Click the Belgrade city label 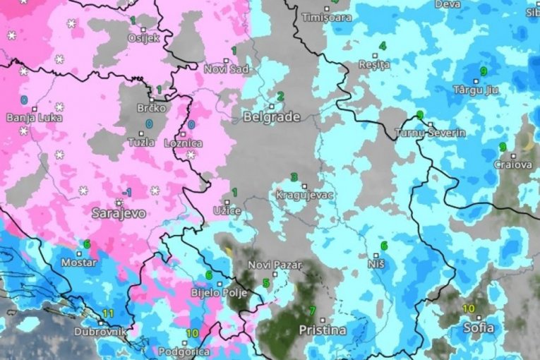pos(271,117)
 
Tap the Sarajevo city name pos(119,212)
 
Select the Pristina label pos(323,330)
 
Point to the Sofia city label pos(479,328)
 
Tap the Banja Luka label pos(34,117)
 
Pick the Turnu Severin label pos(430,133)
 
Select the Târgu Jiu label pos(476,90)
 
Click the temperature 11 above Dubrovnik pos(108,313)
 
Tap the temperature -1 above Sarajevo pos(126,192)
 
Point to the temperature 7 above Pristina pos(312,311)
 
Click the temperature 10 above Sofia pos(469,308)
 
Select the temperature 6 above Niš pos(384,246)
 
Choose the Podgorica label pos(165,352)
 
